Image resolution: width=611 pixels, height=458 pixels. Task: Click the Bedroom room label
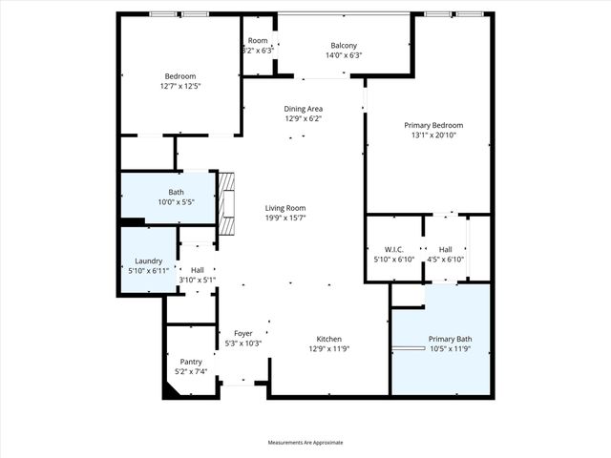click(x=179, y=76)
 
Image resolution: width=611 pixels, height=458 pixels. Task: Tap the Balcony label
click(x=344, y=46)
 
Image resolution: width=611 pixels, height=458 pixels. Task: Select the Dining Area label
click(x=303, y=109)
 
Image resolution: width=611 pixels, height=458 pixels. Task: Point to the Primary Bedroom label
click(x=433, y=125)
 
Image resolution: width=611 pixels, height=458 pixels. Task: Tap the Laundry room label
click(x=148, y=260)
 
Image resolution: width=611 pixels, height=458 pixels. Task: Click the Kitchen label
click(x=329, y=339)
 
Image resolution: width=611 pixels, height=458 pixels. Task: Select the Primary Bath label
click(x=450, y=339)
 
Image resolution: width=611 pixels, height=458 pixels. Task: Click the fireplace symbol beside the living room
click(x=226, y=202)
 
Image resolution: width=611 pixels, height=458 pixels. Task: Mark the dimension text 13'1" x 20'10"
click(x=433, y=135)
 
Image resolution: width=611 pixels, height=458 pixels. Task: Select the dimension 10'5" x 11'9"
click(x=450, y=349)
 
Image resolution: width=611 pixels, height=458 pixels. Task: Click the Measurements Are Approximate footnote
click(x=305, y=443)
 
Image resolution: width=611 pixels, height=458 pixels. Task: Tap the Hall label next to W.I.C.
click(x=444, y=250)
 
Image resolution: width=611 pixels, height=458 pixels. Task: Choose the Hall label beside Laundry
click(x=198, y=270)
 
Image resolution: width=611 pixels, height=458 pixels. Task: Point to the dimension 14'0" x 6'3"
click(x=344, y=55)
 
